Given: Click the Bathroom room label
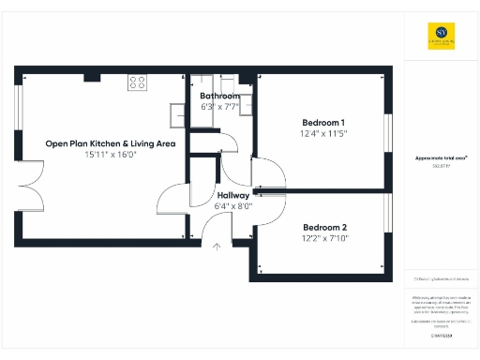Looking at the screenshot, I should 219,96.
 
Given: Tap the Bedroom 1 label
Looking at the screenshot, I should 323,123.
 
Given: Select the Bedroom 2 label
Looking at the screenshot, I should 324,227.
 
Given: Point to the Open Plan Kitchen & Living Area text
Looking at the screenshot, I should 111,143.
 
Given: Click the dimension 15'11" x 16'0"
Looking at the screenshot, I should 111,155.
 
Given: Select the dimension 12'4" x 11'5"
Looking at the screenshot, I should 323,134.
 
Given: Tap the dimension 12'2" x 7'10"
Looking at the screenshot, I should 324,238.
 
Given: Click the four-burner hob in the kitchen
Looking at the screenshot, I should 137,82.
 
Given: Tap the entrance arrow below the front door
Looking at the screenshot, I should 217,248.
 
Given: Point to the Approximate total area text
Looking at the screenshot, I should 442,158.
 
